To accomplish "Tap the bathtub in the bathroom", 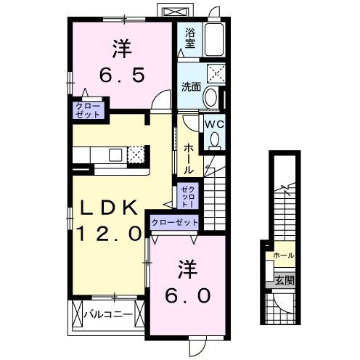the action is (214, 40).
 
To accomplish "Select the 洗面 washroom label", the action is (191, 87).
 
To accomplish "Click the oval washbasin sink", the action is (210, 97).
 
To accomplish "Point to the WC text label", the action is (215, 124).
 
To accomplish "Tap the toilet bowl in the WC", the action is (215, 140).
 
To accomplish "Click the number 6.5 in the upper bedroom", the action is (122, 74).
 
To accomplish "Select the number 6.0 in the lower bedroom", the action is (187, 295).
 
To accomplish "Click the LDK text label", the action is (109, 208).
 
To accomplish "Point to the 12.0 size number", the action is (109, 234).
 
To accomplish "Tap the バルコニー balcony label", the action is (108, 315).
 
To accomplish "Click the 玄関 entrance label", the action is (285, 280).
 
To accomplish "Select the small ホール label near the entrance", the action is (284, 255).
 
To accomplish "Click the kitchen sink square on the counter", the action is (115, 155).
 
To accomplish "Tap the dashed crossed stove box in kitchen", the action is (136, 155).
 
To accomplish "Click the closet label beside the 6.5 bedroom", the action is (88, 110).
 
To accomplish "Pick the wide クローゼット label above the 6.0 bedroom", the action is (175, 222).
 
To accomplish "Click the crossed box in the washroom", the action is (216, 73).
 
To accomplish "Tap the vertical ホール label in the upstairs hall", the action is (189, 159).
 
